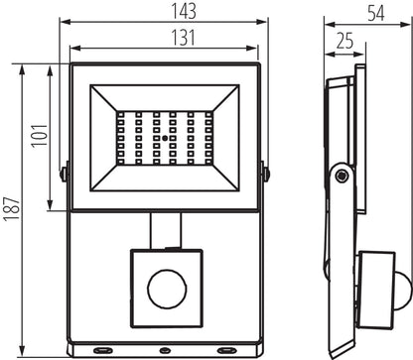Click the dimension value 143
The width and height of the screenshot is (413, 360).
165,12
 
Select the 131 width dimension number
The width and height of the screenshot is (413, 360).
165,39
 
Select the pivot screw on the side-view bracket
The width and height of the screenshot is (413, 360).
343,176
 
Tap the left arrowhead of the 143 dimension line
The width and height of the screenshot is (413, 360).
62,24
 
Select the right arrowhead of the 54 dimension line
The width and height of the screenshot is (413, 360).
386,24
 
